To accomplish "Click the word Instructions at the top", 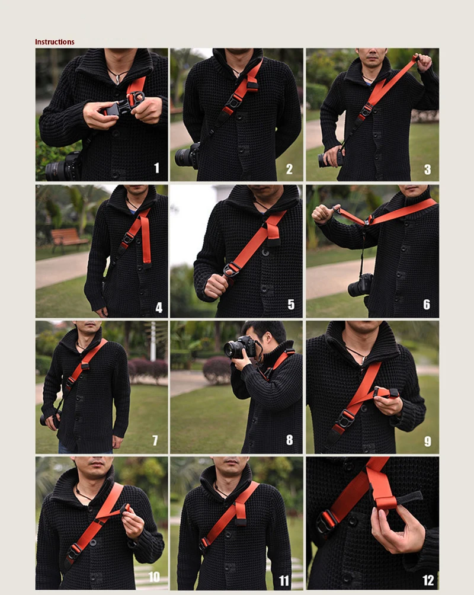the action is [x=55, y=41].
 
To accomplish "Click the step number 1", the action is [x=156, y=168].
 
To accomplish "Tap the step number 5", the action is [x=291, y=305].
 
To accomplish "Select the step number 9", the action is [x=428, y=442].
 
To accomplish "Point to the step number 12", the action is [x=428, y=580].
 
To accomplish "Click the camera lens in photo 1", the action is [x=56, y=171].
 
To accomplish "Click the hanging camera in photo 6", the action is [x=360, y=285].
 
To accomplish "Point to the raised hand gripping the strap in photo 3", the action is [x=423, y=63].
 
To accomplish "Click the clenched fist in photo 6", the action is [x=322, y=215].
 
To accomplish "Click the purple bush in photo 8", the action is [x=217, y=370].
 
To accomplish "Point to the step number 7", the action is [x=155, y=440].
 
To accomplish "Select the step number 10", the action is [x=153, y=577].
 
